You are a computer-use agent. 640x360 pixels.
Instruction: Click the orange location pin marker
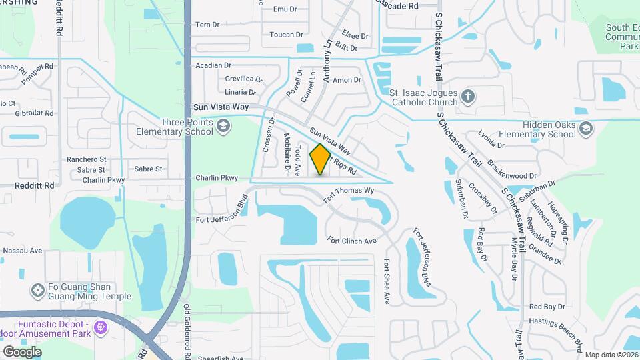coord(321,159)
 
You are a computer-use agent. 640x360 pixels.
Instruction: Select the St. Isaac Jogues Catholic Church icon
coord(468,97)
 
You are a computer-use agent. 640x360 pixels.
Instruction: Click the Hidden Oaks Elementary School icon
coord(585,128)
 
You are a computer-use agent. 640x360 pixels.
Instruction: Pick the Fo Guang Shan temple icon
coord(37,291)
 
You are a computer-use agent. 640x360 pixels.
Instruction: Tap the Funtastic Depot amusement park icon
coord(101,327)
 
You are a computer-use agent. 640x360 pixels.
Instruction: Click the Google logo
coord(22,351)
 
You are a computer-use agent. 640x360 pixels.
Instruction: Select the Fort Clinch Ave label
coord(352,240)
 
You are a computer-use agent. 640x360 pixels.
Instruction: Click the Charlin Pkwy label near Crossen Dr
coord(217,178)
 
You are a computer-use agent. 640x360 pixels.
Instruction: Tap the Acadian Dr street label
coord(213,65)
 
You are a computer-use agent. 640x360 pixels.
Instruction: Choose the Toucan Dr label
coord(287,35)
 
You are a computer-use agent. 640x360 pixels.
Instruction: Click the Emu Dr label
coord(285,9)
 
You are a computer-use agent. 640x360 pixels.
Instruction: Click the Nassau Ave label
coord(23,251)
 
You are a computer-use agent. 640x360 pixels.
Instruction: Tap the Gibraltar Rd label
coord(33,113)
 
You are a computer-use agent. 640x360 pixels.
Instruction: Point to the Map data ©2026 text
coord(611,354)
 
